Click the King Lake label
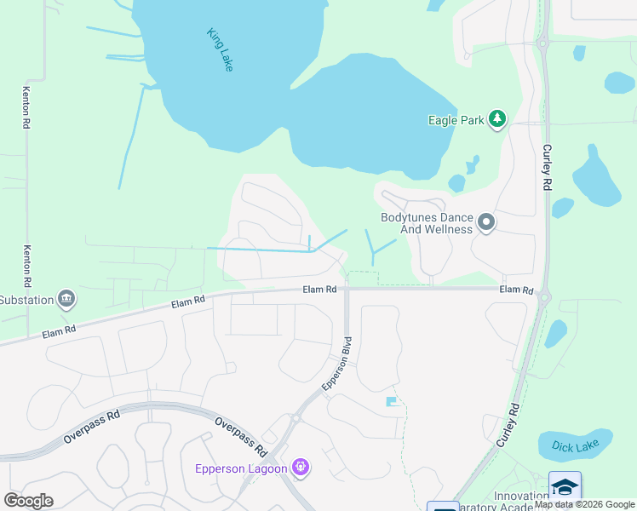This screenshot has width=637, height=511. click(220, 49)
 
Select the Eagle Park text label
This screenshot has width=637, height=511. click(456, 120)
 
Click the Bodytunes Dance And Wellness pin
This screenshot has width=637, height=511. click(486, 223)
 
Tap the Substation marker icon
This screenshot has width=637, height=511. click(66, 299)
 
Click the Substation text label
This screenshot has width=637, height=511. click(26, 300)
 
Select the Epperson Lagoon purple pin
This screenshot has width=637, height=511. click(300, 467)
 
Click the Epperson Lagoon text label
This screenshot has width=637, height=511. click(242, 468)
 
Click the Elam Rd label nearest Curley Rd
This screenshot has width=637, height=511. click(516, 290)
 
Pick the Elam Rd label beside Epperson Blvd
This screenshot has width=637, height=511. click(319, 290)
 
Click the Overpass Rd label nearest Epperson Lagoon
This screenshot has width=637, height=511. click(241, 435)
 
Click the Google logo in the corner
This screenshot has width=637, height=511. click(28, 500)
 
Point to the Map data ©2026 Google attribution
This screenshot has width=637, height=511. click(585, 504)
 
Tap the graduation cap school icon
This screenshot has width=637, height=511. click(565, 486)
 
